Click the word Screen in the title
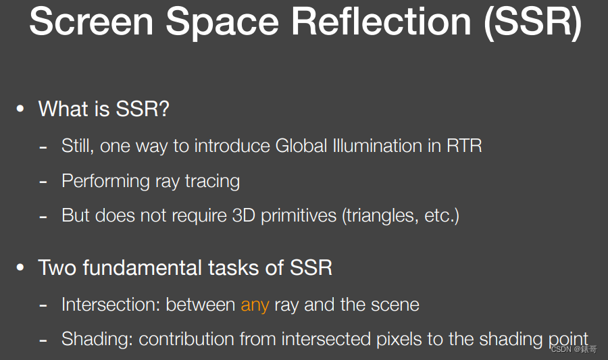[x=92, y=22]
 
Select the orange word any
[x=255, y=305]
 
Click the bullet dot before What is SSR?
[x=21, y=109]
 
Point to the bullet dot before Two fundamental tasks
[x=21, y=267]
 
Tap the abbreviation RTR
[x=464, y=146]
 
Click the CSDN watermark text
[x=562, y=350]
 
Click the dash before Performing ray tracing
[x=43, y=182]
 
